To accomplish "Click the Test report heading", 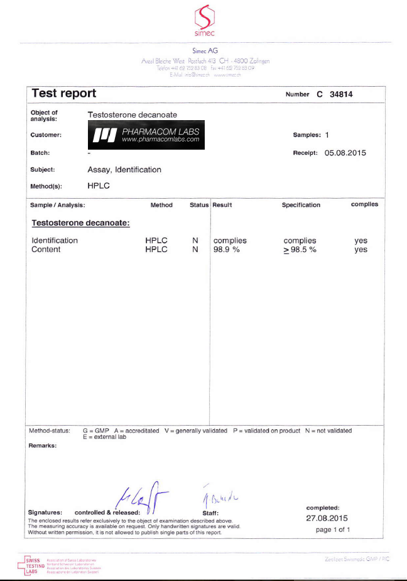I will coord(63,94).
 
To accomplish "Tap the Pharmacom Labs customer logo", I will coord(146,135).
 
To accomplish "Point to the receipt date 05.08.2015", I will coord(345,153).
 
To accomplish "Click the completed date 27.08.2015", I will coord(326,518).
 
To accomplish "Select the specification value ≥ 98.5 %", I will coord(300,250).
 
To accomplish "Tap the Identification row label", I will coord(55,241).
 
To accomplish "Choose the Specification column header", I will coord(301,205).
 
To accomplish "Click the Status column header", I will coord(199,205).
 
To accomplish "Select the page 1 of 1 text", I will coord(333,529).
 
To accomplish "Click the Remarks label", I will coord(43,445).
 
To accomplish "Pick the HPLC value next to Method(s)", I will coord(99,186).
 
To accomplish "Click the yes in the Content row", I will coord(361,250).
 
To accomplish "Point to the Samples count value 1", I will coord(327,135).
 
